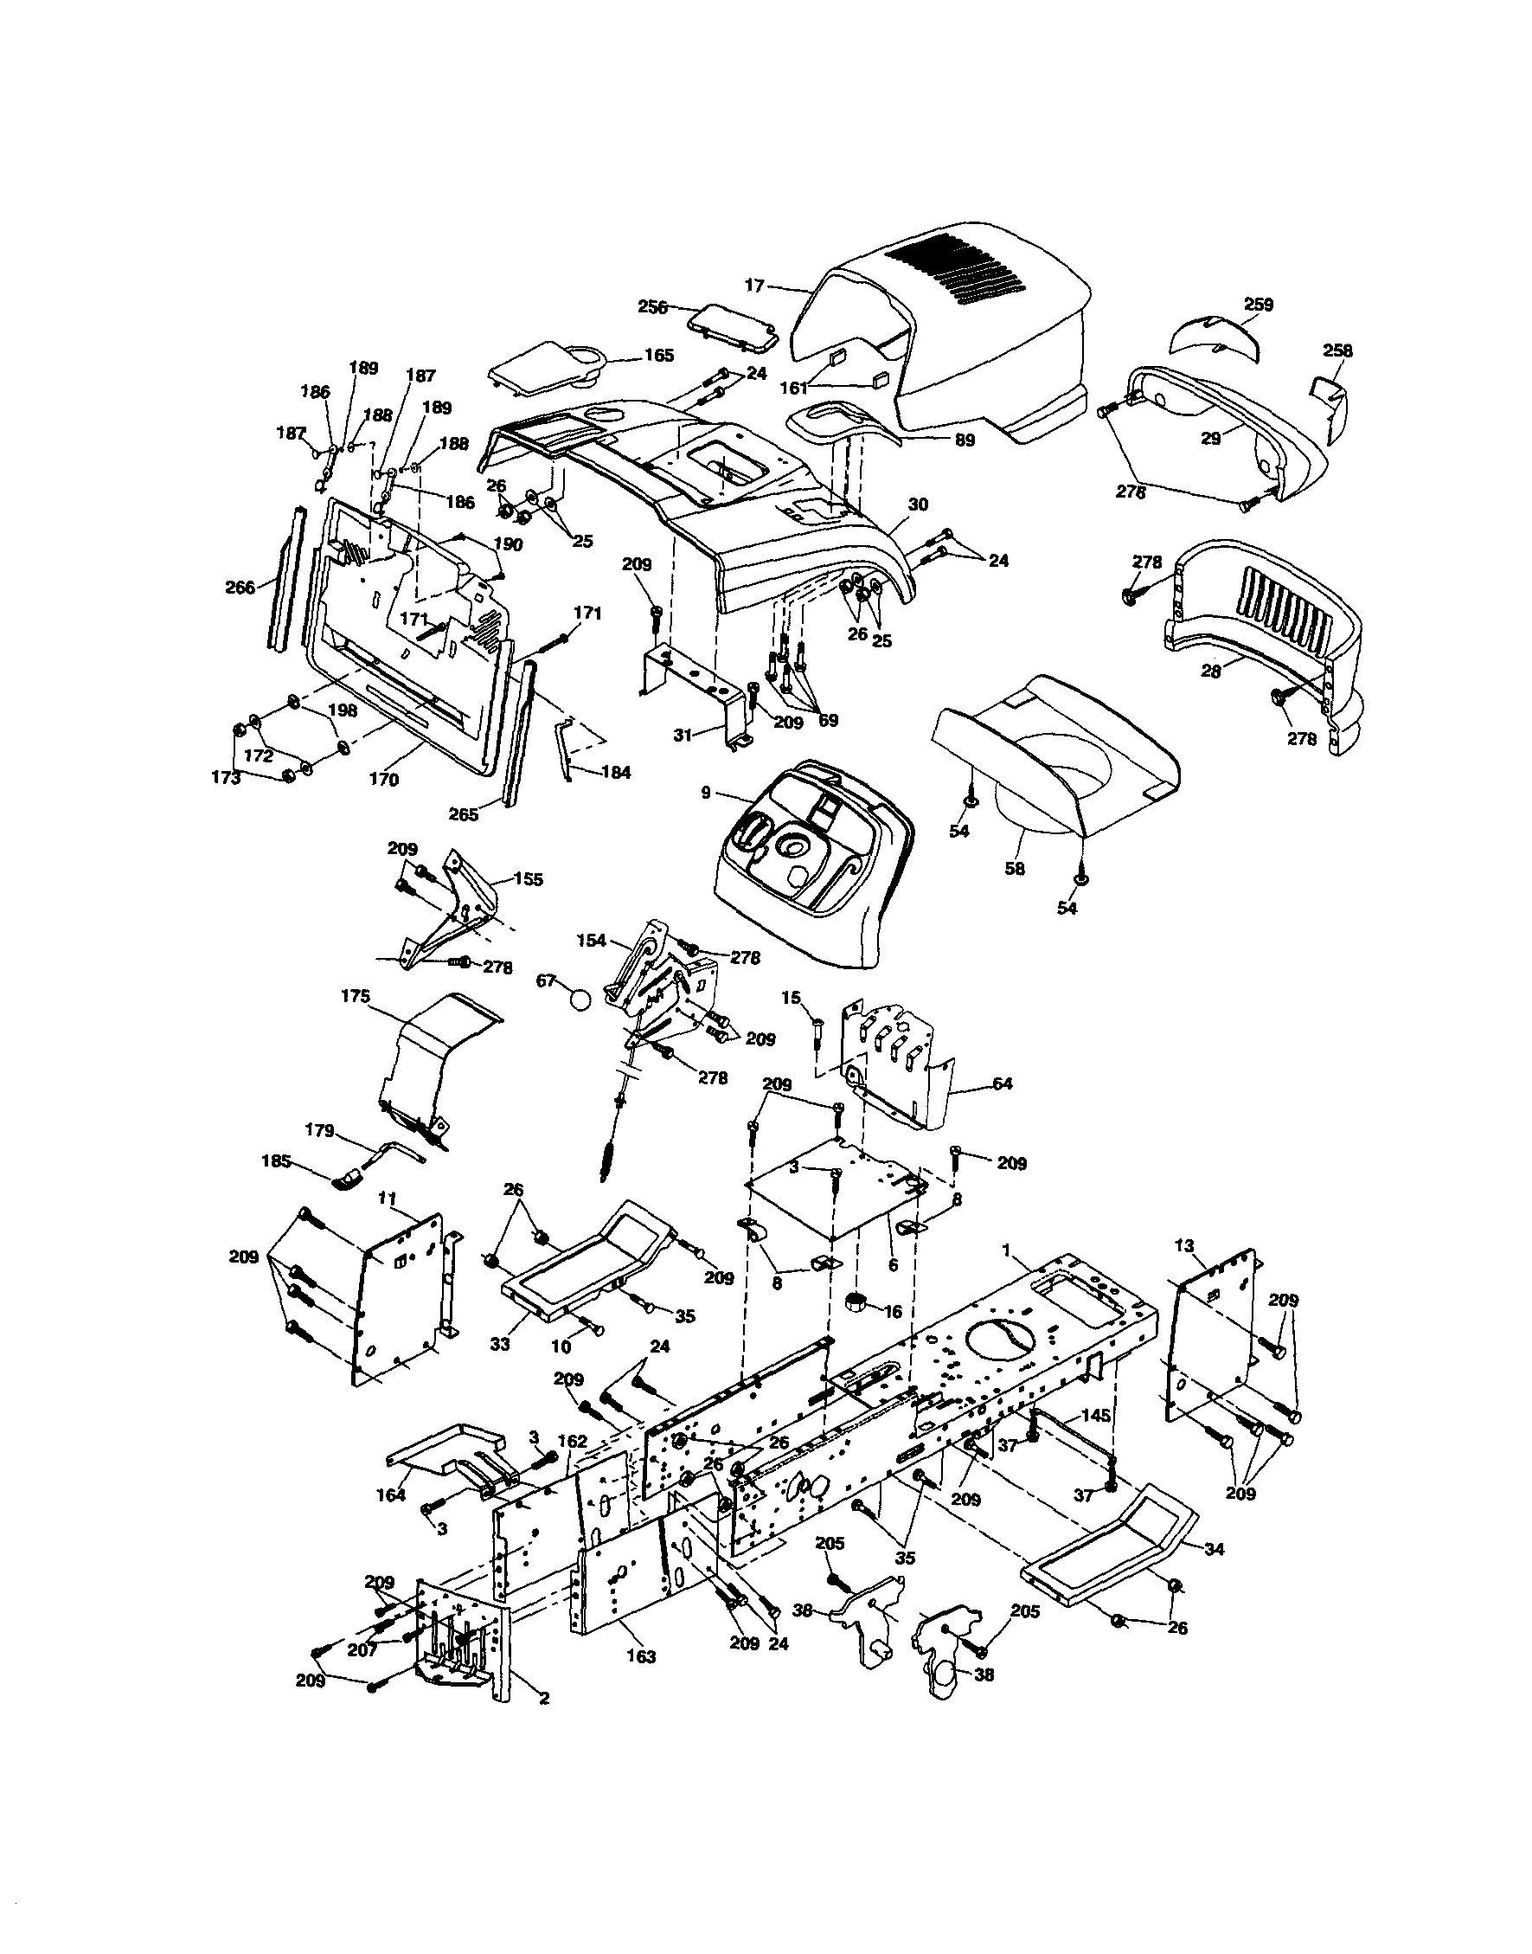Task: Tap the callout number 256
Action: click(x=652, y=307)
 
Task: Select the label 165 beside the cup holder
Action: click(x=658, y=357)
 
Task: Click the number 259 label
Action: click(x=1259, y=305)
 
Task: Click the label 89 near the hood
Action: click(x=965, y=440)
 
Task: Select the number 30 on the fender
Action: click(x=918, y=505)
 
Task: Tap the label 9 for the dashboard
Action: click(x=705, y=792)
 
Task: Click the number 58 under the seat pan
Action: click(x=1016, y=869)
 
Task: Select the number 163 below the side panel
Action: click(x=641, y=1657)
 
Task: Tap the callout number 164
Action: click(x=391, y=1495)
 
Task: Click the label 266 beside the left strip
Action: click(x=240, y=588)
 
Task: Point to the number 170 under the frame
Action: click(x=384, y=780)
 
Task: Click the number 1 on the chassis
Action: click(x=1006, y=1250)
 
